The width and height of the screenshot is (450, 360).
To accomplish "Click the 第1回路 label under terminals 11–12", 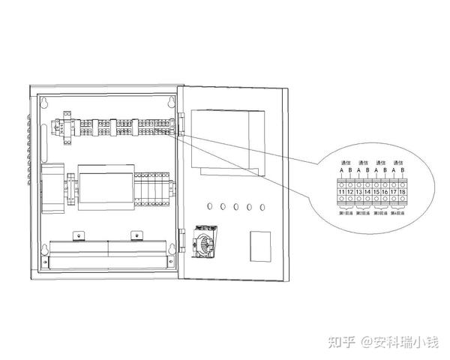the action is click(x=346, y=214).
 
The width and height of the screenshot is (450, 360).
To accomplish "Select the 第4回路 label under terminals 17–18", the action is click(x=399, y=214).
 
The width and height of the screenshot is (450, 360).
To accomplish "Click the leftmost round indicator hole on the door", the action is click(x=209, y=205).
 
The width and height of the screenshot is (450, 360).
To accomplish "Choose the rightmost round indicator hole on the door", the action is click(x=262, y=205).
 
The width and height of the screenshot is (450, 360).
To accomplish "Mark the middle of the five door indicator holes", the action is click(x=235, y=205).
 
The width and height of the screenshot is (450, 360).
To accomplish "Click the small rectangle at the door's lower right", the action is click(x=260, y=244).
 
